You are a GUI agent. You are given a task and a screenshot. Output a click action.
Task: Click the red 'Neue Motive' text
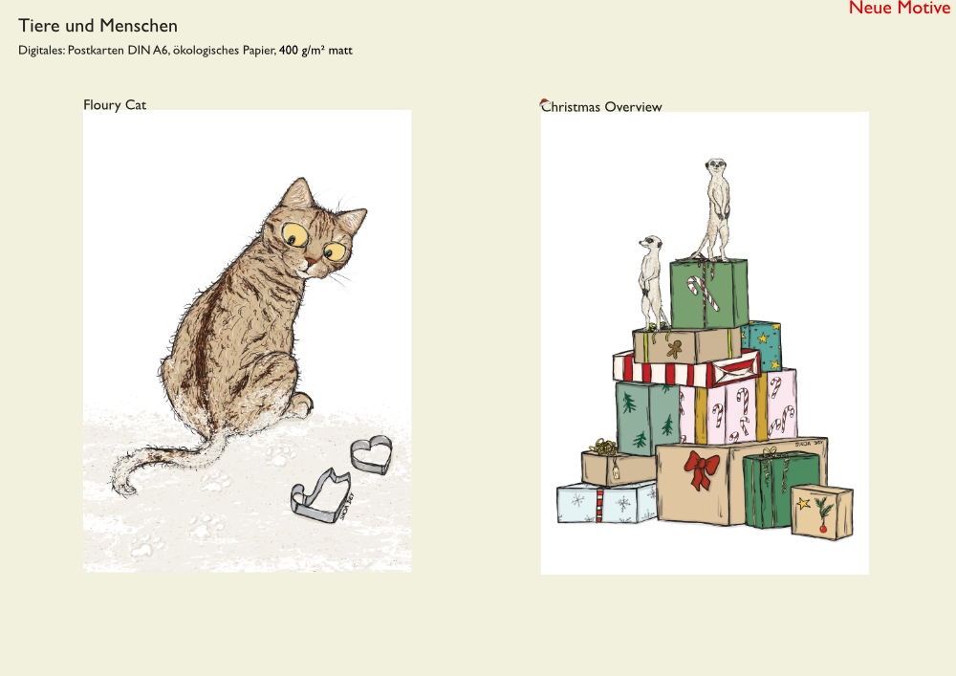tap(900, 8)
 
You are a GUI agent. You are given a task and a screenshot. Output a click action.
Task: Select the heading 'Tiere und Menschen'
tap(98, 26)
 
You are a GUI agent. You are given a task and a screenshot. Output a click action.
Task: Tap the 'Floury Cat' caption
tap(115, 105)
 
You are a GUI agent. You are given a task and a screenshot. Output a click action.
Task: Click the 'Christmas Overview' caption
tap(601, 107)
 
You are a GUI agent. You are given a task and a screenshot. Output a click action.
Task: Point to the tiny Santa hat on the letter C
tap(545, 102)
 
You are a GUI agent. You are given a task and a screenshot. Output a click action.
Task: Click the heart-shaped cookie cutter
tap(371, 455)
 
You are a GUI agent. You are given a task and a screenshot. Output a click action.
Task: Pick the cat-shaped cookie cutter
tap(321, 495)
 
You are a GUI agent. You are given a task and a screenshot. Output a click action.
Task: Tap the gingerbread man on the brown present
tap(674, 349)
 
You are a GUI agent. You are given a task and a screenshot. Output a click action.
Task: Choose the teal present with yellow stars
tap(762, 344)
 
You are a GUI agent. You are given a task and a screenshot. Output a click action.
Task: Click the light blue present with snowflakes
tap(606, 502)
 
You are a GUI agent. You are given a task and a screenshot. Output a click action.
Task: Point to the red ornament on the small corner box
tap(823, 529)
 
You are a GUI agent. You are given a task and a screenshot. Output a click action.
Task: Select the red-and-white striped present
tap(685, 368)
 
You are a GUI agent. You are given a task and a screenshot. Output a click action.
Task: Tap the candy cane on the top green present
tap(703, 292)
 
